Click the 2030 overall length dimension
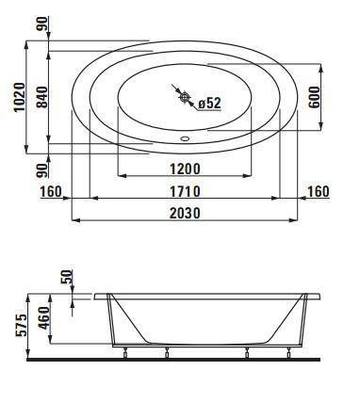(x=185, y=213)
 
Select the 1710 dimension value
(x=185, y=191)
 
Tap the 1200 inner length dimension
(x=185, y=169)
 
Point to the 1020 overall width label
(x=20, y=97)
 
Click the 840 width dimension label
(x=41, y=97)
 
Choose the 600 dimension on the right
(x=314, y=97)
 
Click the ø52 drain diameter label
(x=209, y=103)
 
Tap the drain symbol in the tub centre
(x=185, y=97)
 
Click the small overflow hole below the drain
(x=185, y=138)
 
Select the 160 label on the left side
(x=51, y=191)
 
